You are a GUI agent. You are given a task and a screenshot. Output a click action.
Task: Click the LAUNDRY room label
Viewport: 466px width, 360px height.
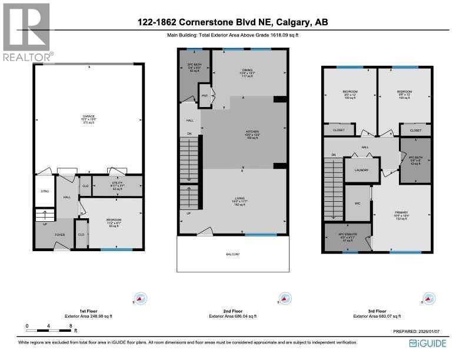tap(361, 170)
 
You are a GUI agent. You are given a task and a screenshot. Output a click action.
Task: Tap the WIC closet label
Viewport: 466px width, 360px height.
tap(356, 204)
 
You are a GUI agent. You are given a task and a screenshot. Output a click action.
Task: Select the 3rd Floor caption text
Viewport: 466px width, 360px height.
tap(377, 311)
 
